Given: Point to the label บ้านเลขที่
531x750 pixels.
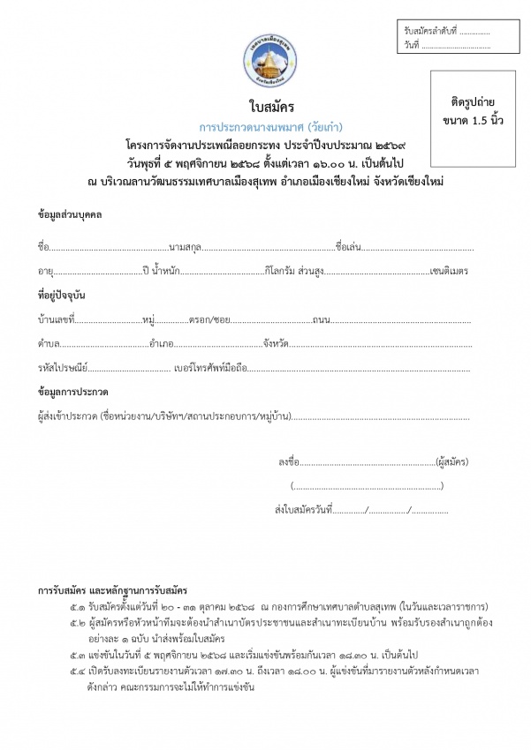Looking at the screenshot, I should coord(58,317).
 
